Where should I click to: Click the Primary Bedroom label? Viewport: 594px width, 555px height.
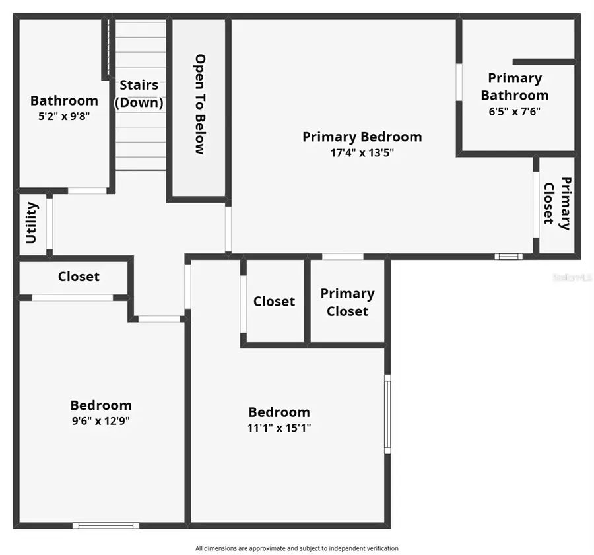click(x=362, y=137)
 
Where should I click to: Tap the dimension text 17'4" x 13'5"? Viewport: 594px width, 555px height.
click(x=362, y=153)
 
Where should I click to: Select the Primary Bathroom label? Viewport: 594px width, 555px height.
click(x=515, y=86)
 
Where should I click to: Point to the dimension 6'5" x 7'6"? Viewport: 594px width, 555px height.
click(x=515, y=112)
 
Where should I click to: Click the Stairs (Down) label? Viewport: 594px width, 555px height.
click(x=139, y=94)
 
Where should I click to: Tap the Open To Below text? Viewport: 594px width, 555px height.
click(x=200, y=104)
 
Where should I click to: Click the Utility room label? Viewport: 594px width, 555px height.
click(x=32, y=223)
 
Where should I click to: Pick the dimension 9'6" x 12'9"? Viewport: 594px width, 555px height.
click(x=100, y=421)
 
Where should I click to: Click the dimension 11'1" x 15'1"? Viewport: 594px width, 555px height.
click(x=279, y=428)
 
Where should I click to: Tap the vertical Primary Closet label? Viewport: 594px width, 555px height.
click(x=557, y=203)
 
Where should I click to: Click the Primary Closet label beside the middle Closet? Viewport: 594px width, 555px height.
click(x=347, y=302)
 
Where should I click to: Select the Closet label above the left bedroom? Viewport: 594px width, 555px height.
click(x=79, y=277)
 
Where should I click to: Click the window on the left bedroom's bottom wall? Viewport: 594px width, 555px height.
click(x=106, y=525)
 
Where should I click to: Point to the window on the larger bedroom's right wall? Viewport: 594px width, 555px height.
click(x=387, y=414)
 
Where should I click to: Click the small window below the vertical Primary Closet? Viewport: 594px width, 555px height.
click(x=509, y=256)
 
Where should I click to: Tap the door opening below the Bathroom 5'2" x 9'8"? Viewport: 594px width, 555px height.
click(x=87, y=191)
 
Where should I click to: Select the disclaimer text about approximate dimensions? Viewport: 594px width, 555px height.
click(x=297, y=548)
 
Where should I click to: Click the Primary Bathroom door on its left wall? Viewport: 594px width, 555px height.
click(x=459, y=82)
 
